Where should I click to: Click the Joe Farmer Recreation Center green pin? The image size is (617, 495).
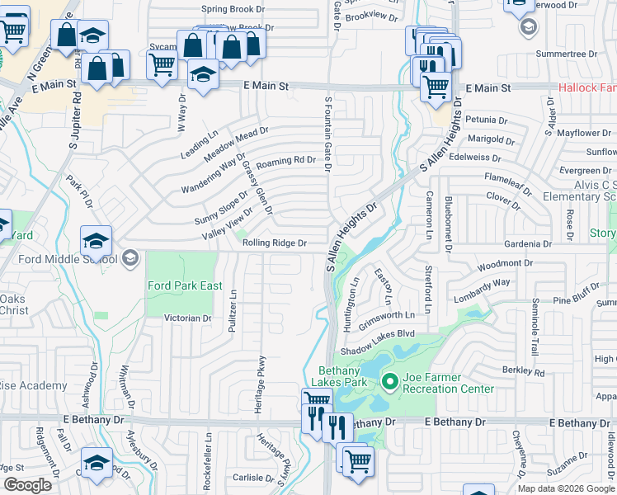[x=390, y=380]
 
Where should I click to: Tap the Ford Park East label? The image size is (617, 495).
[x=185, y=285]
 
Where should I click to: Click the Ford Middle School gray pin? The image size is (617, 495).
[x=129, y=259]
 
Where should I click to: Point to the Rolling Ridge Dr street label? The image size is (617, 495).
[x=275, y=243]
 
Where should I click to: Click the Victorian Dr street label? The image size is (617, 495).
[x=188, y=318]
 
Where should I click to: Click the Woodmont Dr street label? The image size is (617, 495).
[x=505, y=264]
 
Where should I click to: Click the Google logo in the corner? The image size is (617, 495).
[x=27, y=485]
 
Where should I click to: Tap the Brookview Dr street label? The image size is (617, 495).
[x=373, y=16]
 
